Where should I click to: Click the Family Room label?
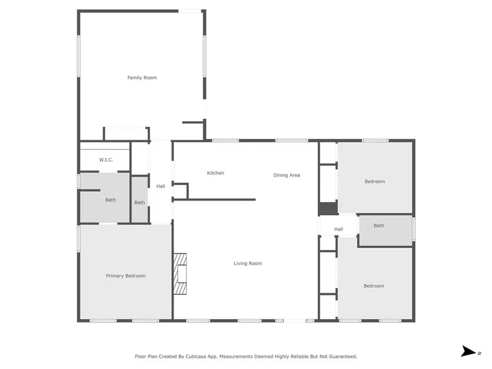(142, 77)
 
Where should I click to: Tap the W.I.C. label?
(106, 160)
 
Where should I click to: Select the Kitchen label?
(216, 173)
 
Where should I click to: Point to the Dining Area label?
(287, 175)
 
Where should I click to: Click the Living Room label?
(248, 263)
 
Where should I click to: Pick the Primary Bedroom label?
(126, 276)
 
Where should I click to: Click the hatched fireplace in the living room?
(180, 274)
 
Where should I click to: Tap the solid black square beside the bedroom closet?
(328, 208)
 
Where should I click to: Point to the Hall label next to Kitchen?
(161, 186)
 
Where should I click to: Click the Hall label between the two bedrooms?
(339, 229)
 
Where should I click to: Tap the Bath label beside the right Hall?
(379, 225)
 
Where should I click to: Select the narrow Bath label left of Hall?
(140, 202)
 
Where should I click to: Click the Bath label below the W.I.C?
(111, 199)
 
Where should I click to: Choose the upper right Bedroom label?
(375, 181)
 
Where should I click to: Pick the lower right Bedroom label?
(374, 286)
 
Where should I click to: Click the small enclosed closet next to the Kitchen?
(180, 191)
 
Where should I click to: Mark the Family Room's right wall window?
(205, 56)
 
